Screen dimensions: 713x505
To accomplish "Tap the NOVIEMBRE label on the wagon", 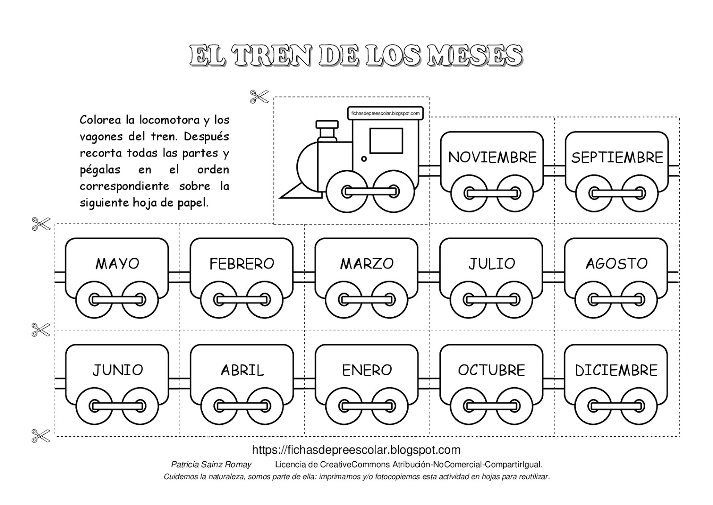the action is [x=492, y=157].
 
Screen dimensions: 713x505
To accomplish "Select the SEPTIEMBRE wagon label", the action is [x=617, y=157].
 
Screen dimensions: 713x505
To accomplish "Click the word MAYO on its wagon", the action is [x=117, y=264].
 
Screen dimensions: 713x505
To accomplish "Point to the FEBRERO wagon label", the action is [x=242, y=264].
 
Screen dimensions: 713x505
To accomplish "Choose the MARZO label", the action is [x=367, y=264].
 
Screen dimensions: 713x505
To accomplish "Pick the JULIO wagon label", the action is [x=492, y=264].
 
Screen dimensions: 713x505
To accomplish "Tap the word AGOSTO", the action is [x=617, y=264].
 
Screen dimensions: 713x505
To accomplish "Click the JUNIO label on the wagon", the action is [x=118, y=370].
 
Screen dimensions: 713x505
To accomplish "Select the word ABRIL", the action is [x=242, y=370].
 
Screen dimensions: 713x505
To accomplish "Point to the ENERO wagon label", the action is [x=367, y=370].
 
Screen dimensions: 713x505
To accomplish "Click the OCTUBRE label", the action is [x=492, y=370].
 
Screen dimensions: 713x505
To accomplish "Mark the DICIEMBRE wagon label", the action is [x=616, y=370].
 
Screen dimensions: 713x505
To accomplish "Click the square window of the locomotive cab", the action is [x=386, y=141].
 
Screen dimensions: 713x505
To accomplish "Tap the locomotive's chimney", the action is [x=327, y=131].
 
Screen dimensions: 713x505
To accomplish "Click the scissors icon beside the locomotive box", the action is [x=259, y=96].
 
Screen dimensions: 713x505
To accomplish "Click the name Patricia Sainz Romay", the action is [x=211, y=464].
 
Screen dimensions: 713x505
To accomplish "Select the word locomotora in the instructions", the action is [x=170, y=120].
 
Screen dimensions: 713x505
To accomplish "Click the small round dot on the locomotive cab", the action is [x=364, y=159].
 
